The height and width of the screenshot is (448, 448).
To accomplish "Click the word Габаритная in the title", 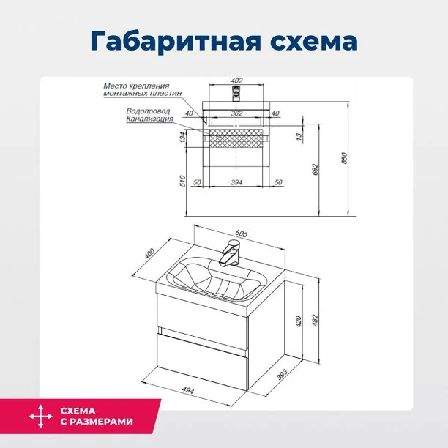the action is pyautogui.click(x=176, y=42).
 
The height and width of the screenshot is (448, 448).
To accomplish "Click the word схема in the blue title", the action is pyautogui.click(x=314, y=42).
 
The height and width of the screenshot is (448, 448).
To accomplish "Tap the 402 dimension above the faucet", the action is pyautogui.click(x=236, y=81).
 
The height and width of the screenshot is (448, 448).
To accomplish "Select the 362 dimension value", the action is pyautogui.click(x=236, y=113).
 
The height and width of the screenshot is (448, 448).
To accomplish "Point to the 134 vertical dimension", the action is pyautogui.click(x=182, y=137).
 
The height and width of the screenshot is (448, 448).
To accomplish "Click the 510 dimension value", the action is pyautogui.click(x=182, y=181).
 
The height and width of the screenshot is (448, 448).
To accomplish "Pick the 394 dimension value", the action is pyautogui.click(x=236, y=182).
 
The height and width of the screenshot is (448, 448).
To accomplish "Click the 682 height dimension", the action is pyautogui.click(x=315, y=169).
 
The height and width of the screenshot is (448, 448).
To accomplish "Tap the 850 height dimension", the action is pyautogui.click(x=344, y=158).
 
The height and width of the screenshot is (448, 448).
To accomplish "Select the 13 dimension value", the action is pyautogui.click(x=299, y=136).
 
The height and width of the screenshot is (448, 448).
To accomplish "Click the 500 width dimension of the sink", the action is pyautogui.click(x=241, y=234).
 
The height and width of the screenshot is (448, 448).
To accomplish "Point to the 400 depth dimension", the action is pyautogui.click(x=149, y=254).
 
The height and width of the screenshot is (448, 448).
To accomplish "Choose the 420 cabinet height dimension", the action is pyautogui.click(x=298, y=321).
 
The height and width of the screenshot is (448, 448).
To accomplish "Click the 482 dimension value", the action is pyautogui.click(x=315, y=321).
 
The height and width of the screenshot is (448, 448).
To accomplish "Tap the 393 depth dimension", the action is pyautogui.click(x=282, y=375).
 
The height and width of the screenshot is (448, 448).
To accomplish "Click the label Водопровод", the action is pyautogui.click(x=148, y=111).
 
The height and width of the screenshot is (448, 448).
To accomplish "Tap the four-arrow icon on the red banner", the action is pyautogui.click(x=40, y=416).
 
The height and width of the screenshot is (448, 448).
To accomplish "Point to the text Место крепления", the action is pyautogui.click(x=136, y=86).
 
